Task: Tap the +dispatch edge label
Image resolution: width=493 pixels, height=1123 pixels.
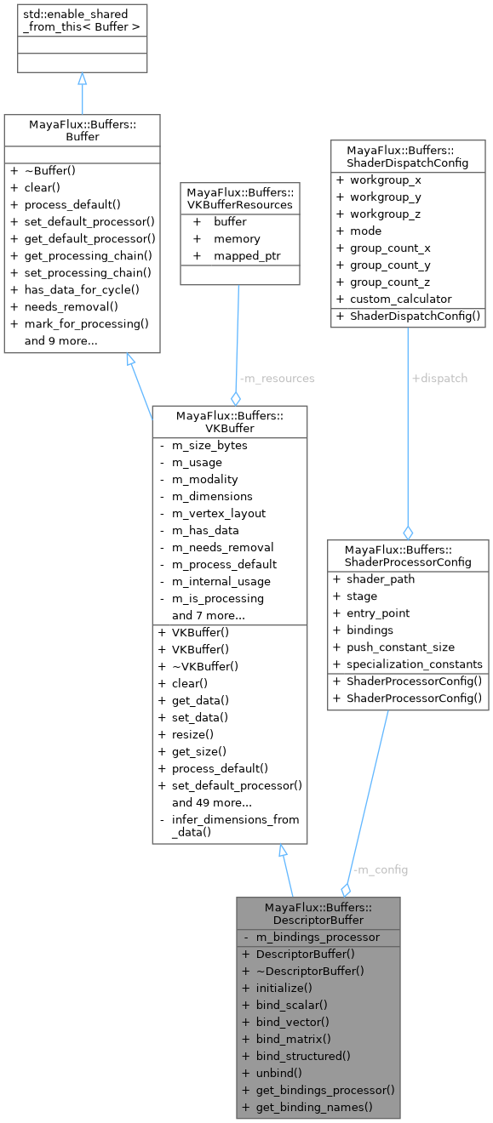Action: pyautogui.click(x=439, y=379)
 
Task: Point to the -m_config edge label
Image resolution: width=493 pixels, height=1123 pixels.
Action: pyautogui.click(x=380, y=869)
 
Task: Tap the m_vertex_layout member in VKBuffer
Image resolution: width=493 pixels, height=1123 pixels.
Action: pyautogui.click(x=219, y=513)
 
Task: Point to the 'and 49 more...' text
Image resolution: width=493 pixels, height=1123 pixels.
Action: pyautogui.click(x=211, y=801)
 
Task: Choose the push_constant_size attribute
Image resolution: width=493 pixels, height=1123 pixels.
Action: pyautogui.click(x=400, y=647)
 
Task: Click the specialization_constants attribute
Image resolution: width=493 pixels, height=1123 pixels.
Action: pyautogui.click(x=415, y=664)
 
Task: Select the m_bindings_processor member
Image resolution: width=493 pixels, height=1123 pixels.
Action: pyautogui.click(x=318, y=937)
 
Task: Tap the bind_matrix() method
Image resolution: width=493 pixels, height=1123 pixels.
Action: pyautogui.click(x=293, y=1038)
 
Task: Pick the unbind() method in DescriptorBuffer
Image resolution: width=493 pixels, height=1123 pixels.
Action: pyautogui.click(x=280, y=1072)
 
